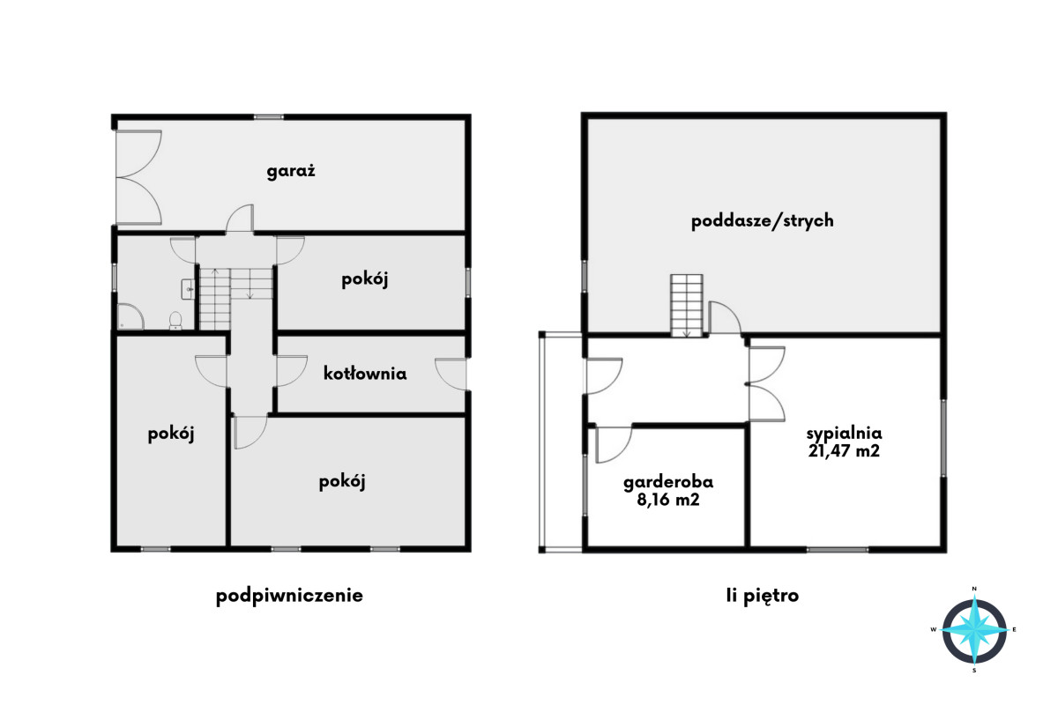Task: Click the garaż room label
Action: tap(291, 171)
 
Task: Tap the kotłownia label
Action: tap(365, 374)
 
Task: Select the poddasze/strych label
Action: tap(763, 221)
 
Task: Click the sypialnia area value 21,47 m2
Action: tap(844, 450)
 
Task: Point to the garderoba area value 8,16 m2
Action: tap(668, 499)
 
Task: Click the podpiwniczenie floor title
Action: tap(289, 596)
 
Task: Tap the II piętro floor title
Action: tap(763, 596)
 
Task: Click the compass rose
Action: tap(974, 629)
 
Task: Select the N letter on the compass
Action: tap(974, 589)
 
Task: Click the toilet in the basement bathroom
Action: tap(175, 320)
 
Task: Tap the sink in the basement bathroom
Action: tap(188, 289)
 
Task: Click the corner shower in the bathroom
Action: tap(130, 316)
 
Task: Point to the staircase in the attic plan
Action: tap(687, 306)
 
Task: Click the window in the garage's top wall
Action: tap(268, 117)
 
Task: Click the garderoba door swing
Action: tap(614, 444)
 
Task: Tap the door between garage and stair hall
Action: tap(240, 219)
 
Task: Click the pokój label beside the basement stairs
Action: tap(365, 279)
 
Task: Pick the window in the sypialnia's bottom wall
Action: tap(838, 550)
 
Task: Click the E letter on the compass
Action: tap(1015, 629)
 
